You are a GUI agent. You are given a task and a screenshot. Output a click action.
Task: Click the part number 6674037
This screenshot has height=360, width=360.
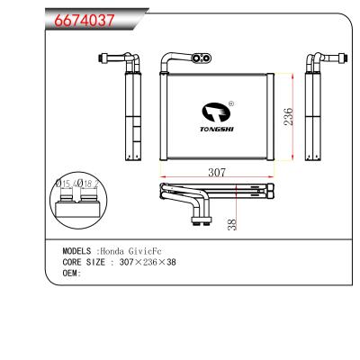80,22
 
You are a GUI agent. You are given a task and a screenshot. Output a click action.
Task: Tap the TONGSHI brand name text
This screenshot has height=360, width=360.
215,129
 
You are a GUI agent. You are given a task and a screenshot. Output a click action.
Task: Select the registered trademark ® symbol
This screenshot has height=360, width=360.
231,103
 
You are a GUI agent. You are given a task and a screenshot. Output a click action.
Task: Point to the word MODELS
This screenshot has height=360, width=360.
79,251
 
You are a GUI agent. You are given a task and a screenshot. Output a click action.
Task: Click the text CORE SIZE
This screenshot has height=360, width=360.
84,262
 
